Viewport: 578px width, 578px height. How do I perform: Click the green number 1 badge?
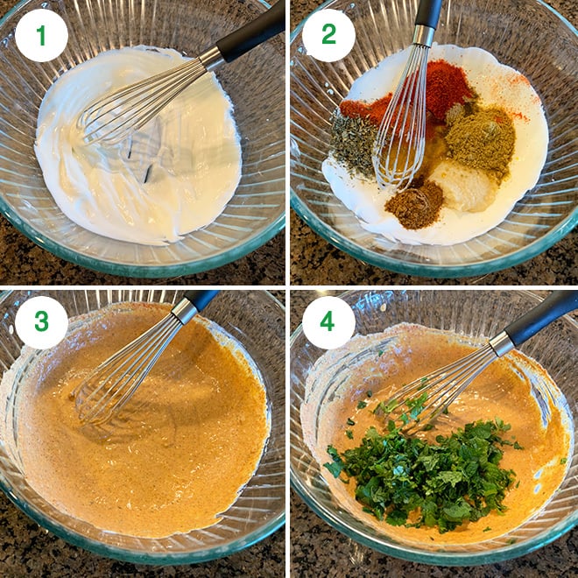(41, 36)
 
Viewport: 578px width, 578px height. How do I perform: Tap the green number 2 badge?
(328, 36)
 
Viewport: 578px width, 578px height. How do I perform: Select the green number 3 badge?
(41, 322)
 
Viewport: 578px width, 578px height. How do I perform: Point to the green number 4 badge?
(328, 322)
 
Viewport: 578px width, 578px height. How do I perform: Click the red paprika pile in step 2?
(447, 88)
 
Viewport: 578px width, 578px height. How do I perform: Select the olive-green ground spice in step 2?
(480, 140)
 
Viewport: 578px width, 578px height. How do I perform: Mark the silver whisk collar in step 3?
(185, 310)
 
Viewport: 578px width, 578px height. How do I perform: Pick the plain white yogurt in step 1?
(158, 184)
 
